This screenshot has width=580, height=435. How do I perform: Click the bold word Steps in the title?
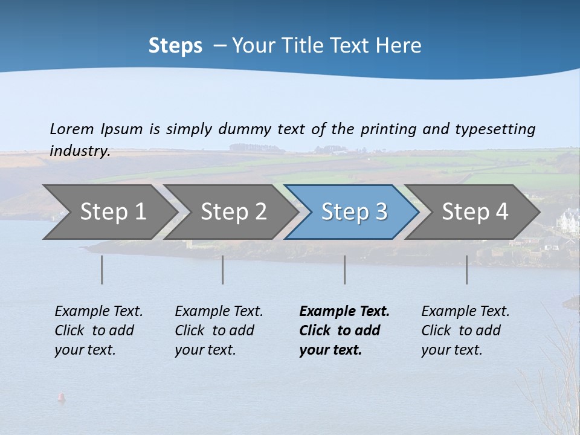tap(175, 46)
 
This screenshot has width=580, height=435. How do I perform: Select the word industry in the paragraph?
tap(80, 150)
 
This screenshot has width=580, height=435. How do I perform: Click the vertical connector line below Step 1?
tap(102, 269)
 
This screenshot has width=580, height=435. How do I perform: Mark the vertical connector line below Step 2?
tap(223, 269)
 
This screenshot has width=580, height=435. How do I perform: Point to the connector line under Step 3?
tap(345, 269)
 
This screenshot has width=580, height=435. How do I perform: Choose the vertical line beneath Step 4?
tap(467, 269)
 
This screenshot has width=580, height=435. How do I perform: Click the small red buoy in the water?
tap(60, 397)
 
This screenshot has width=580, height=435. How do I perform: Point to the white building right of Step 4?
tap(568, 217)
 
